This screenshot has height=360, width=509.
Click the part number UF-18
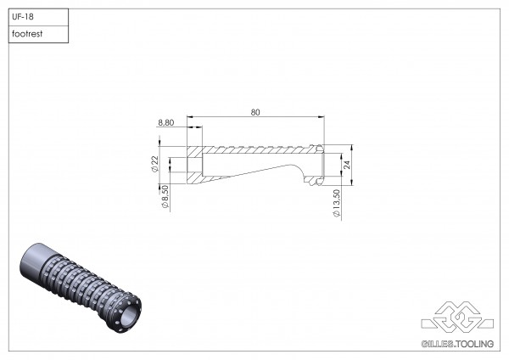pyautogui.click(x=22, y=16)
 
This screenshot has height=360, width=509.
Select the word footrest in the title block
pyautogui.click(x=28, y=34)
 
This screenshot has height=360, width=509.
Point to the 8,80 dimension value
pyautogui.click(x=168, y=123)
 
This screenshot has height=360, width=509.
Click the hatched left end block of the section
pyautogui.click(x=194, y=164)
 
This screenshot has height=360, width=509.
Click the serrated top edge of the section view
pyautogui.click(x=263, y=147)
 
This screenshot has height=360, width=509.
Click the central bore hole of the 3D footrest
pyautogui.click(x=129, y=318)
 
